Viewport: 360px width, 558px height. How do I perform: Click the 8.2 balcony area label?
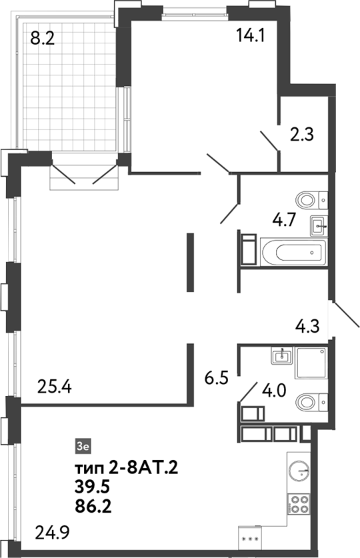pos(42,39)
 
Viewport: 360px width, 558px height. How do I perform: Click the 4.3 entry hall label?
pos(308,327)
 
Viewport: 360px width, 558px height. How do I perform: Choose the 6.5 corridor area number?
pos(217,378)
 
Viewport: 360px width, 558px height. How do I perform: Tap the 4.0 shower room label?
pos(273,389)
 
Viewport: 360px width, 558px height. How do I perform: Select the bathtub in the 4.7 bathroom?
pos(293,252)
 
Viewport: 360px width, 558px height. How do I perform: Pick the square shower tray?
pos(308,365)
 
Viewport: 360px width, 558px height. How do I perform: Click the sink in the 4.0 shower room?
pos(282,356)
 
